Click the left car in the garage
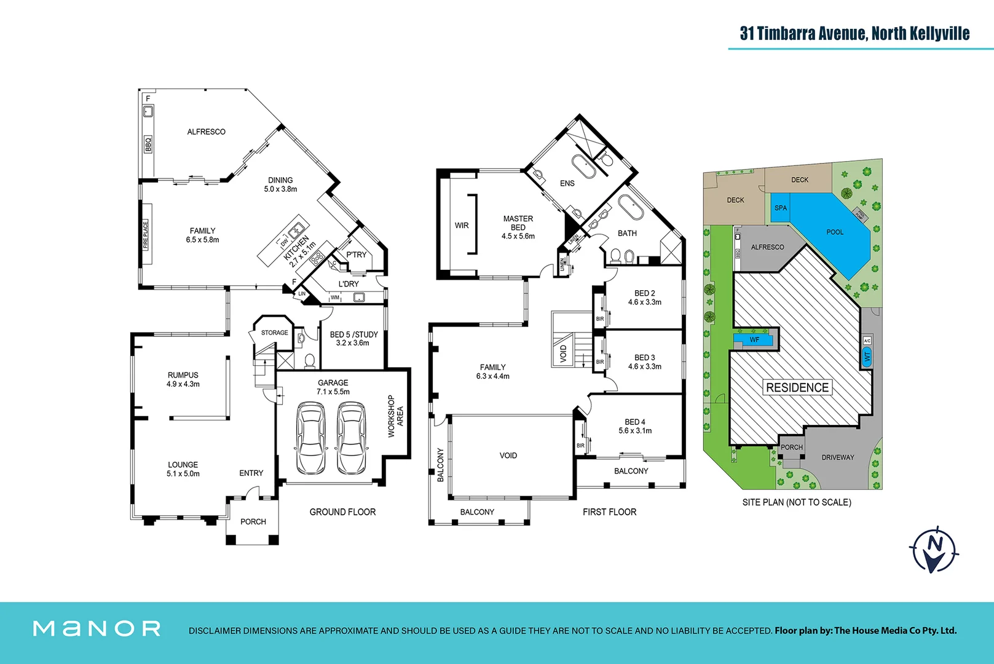311,438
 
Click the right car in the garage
352,438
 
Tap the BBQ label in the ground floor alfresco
148,144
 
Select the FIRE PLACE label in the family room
146,235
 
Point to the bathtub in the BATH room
630,208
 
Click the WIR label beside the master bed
462,226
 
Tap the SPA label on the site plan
781,208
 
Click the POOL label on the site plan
835,232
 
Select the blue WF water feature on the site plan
754,339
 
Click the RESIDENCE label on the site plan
797,387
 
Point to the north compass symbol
934,548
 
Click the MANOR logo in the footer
97,628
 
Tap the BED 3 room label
644,357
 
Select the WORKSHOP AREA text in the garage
395,416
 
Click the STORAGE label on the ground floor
274,333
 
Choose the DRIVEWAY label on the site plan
838,457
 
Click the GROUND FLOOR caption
342,512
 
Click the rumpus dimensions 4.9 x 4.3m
183,384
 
